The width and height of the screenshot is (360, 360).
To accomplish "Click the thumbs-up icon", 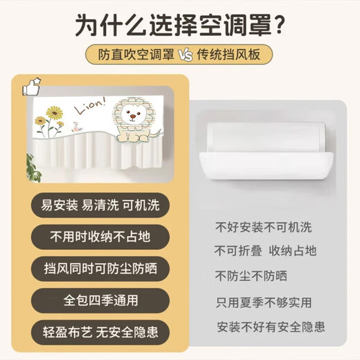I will pos(30,88).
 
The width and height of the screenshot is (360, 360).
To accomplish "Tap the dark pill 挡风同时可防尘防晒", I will pos(89,267).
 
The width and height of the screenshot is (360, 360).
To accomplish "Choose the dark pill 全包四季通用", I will pos(89,301).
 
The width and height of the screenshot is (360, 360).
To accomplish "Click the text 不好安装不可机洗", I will pos(263,226).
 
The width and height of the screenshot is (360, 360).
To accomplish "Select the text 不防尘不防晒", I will pos(250,276).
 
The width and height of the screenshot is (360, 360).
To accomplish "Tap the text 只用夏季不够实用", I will pos(263,302).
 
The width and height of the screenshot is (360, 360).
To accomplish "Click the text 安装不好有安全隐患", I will pos(271,326).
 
